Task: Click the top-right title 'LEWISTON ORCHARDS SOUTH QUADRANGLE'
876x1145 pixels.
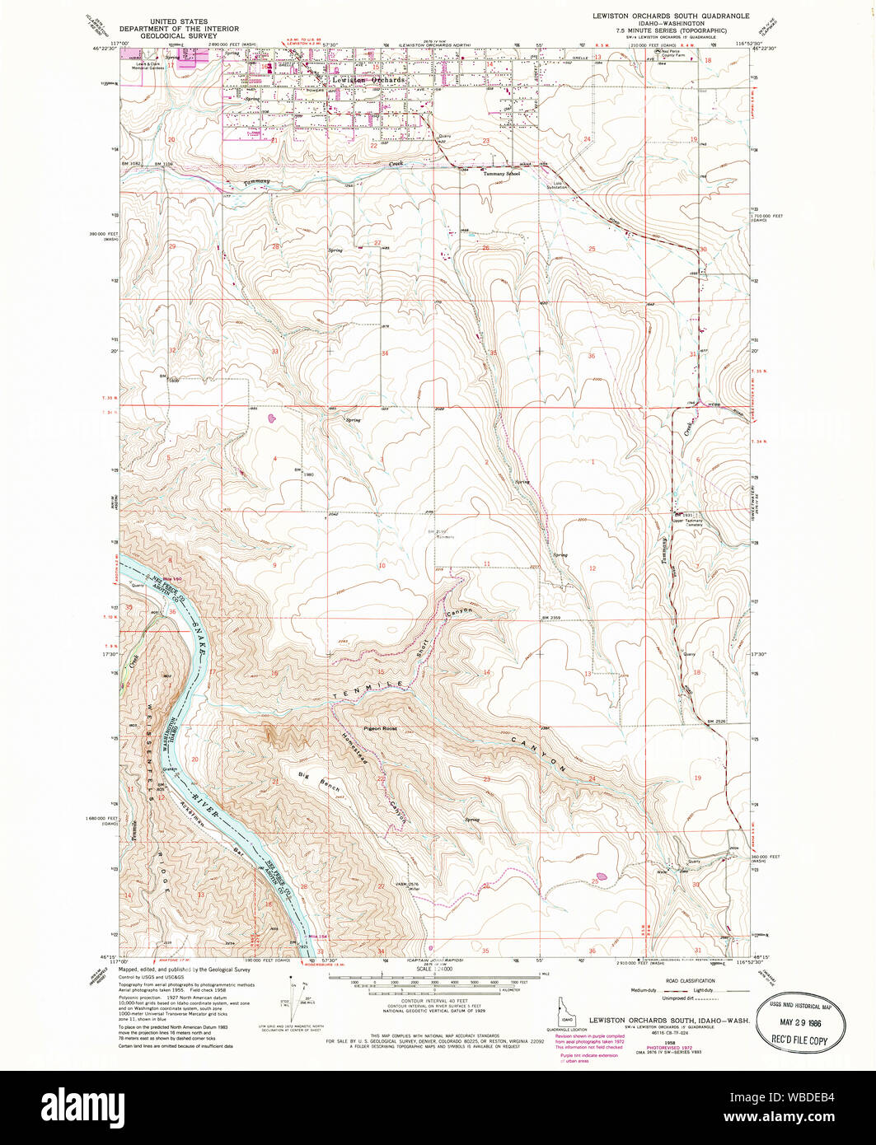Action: pos(671,16)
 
